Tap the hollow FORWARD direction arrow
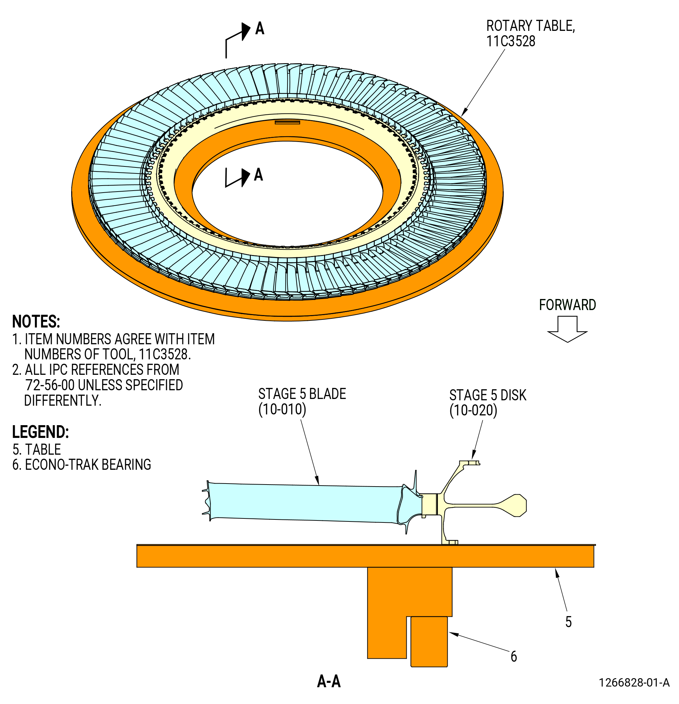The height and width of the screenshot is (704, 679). coord(567,329)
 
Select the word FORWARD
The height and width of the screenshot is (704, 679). coord(567,305)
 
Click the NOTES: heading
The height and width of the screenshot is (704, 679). coord(36,321)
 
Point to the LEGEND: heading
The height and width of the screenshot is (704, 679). coord(40,432)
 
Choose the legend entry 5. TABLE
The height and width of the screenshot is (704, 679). coord(37,449)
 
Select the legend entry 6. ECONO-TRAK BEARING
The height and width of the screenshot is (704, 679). coord(82,464)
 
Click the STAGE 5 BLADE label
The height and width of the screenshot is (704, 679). coord(302,394)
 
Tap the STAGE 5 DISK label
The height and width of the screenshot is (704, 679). coord(487,395)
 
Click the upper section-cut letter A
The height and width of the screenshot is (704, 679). coord(260,29)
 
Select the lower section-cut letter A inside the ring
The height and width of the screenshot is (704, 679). coord(259,174)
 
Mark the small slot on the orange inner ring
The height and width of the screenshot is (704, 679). coord(287,122)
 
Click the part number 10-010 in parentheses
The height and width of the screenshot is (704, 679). coord(282,409)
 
